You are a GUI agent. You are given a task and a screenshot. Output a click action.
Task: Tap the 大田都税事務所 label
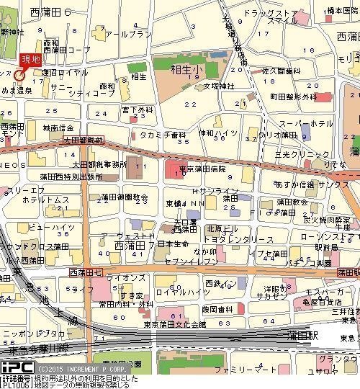tap(100, 164)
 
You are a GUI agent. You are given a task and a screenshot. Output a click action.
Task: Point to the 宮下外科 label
tap(135, 109)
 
